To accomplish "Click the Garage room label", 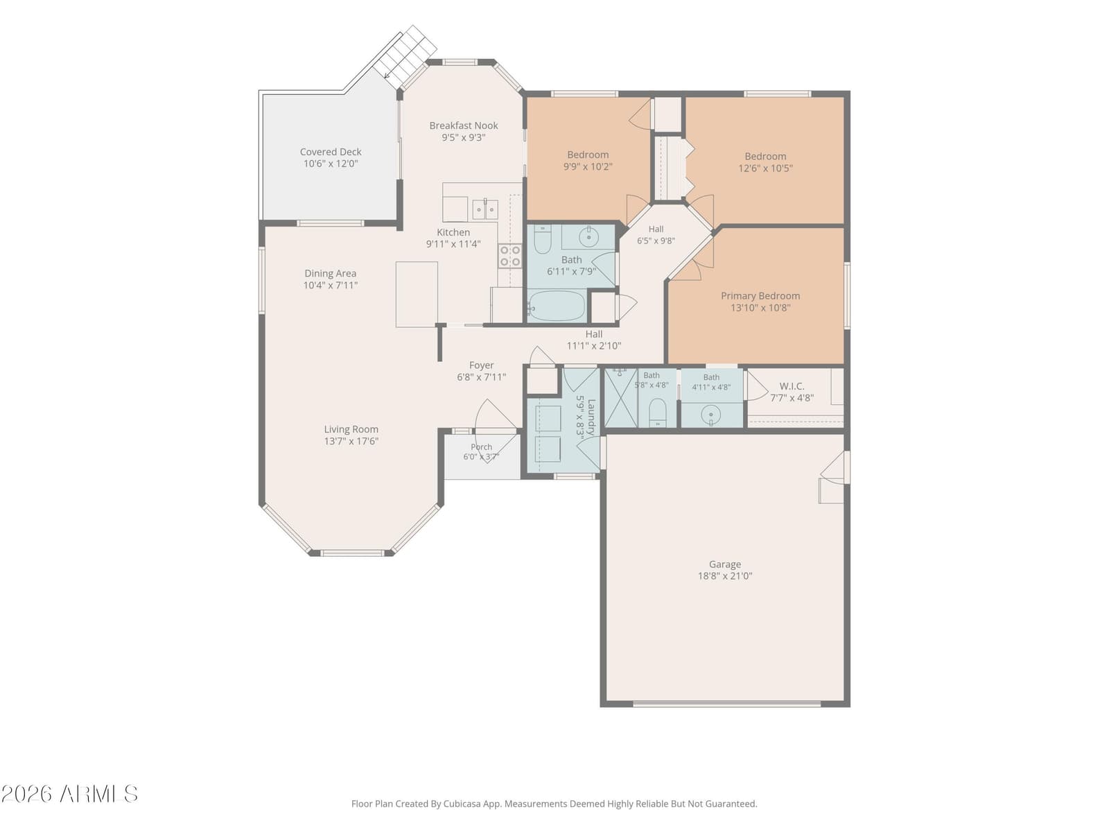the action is pos(724,564).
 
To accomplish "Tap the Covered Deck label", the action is pos(331,152).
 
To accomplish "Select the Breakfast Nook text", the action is pos(463,125).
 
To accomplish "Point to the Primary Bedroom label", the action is pos(760,295).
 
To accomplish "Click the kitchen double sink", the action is pos(485,209).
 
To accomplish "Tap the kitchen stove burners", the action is pos(509,256).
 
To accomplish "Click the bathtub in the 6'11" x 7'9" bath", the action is pos(557,305).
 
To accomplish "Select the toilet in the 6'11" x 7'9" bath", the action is pos(542,239).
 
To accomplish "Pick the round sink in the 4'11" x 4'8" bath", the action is pos(710,415).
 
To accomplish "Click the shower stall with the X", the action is pos(621,398).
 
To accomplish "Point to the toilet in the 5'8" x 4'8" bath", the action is pos(657,413).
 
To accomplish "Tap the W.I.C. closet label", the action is pos(792,386).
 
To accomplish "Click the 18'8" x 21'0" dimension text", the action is pos(724,576).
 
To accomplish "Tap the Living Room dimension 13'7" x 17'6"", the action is pos(351,441).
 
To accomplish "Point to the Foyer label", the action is pos(481,365).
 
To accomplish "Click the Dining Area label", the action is pos(330,273).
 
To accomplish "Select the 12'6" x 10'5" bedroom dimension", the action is pos(765,168).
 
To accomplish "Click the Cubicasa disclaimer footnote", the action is pos(554,803).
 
